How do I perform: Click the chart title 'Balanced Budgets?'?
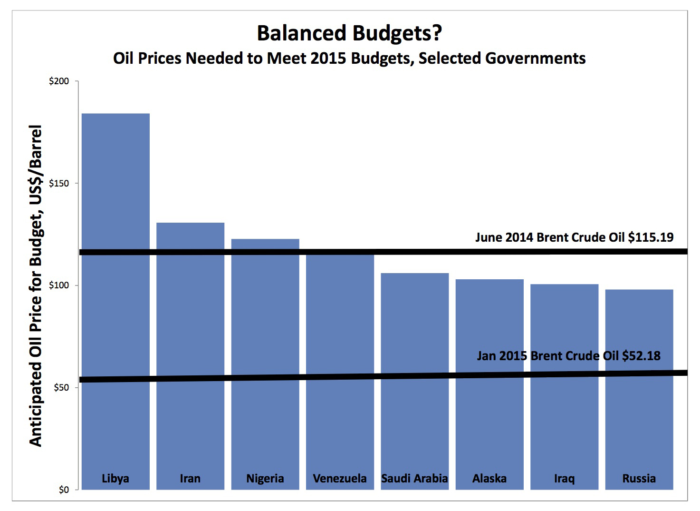pos(349,33)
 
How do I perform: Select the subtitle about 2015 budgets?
pos(349,58)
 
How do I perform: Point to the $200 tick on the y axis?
pos(59,81)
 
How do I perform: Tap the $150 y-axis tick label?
pos(59,184)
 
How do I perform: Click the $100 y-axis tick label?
pos(59,285)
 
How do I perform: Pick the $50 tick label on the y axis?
pos(61,388)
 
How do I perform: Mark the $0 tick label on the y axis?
pos(64,490)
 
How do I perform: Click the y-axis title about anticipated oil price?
pos(36,285)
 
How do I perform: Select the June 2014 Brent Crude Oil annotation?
pos(574,237)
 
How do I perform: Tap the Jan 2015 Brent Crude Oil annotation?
pos(568,356)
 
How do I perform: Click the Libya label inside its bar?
pos(115,479)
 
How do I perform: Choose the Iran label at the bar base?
pos(190,479)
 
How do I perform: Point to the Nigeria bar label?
pos(265,479)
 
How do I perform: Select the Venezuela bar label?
pos(340,479)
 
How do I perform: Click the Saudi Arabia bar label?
pos(414,479)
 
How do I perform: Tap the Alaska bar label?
pos(489,479)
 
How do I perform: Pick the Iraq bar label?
pos(564,479)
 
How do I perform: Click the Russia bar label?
pos(639,479)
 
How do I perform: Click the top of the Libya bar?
pos(115,114)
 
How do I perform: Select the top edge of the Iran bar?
pos(190,223)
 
